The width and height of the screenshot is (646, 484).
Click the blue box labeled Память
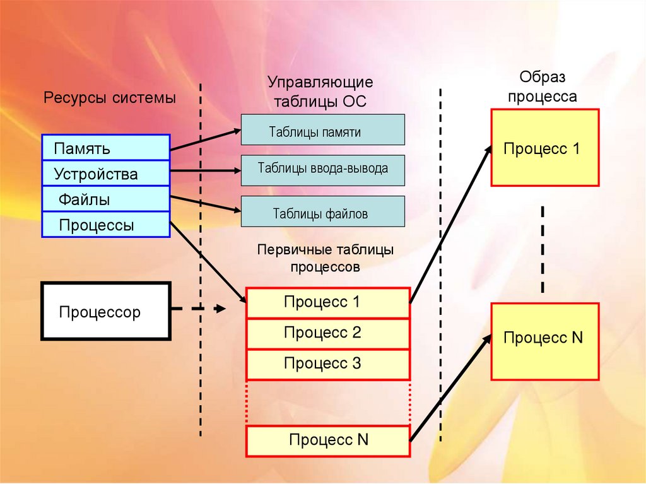[x=105, y=148]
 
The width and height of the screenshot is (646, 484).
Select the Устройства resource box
[x=105, y=174]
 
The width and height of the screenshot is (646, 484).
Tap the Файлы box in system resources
[x=105, y=199]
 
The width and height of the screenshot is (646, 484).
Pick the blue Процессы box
[x=105, y=225]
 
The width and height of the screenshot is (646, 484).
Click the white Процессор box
[x=105, y=311]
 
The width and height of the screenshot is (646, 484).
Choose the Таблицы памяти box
[x=322, y=130]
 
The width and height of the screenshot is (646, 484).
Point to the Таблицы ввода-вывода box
[x=322, y=169]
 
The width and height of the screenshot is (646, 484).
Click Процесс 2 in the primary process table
[x=327, y=333]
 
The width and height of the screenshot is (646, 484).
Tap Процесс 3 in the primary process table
[x=327, y=363]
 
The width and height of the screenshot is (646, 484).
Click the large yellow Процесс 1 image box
[x=544, y=148]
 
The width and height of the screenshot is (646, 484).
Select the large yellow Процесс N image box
[x=544, y=341]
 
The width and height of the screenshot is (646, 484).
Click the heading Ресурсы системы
[x=109, y=98]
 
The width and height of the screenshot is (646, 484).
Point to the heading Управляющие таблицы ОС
[x=320, y=92]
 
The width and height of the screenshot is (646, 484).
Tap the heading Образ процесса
[x=543, y=87]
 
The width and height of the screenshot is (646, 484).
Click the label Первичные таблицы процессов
[x=326, y=258]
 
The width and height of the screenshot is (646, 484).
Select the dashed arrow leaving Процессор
[x=199, y=309]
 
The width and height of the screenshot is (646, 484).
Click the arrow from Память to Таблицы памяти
[x=205, y=141]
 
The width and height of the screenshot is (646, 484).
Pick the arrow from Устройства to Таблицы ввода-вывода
[x=205, y=170]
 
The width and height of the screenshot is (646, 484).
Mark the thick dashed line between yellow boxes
[x=543, y=249]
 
